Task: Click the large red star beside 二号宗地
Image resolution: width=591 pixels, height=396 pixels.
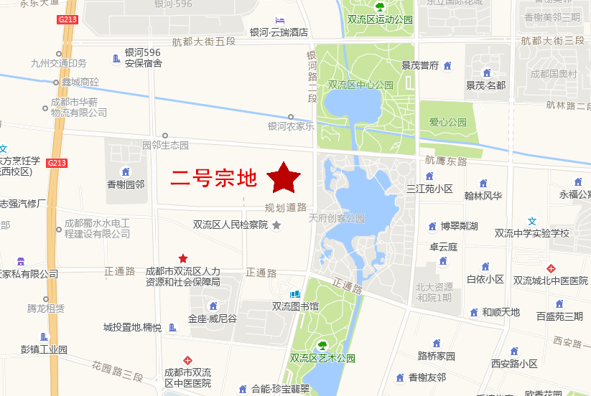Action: [284, 177]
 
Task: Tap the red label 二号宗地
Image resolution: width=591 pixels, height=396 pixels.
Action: [214, 177]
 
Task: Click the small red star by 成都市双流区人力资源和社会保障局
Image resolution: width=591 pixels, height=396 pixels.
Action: [183, 258]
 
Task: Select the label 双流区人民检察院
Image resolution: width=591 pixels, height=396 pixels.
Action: [230, 225]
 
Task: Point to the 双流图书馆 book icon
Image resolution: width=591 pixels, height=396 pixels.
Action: [294, 294]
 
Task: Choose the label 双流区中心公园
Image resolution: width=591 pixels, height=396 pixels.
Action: [360, 85]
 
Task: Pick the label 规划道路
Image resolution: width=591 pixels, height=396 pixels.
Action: [286, 207]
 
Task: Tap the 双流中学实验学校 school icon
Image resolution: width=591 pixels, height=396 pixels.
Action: [532, 221]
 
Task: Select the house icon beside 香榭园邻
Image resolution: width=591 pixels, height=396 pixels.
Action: [126, 171]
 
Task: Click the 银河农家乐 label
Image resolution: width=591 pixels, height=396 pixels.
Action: [291, 126]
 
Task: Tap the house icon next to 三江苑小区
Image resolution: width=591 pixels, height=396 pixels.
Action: [429, 176]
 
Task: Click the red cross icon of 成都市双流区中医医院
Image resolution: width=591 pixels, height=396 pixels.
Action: [187, 359]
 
